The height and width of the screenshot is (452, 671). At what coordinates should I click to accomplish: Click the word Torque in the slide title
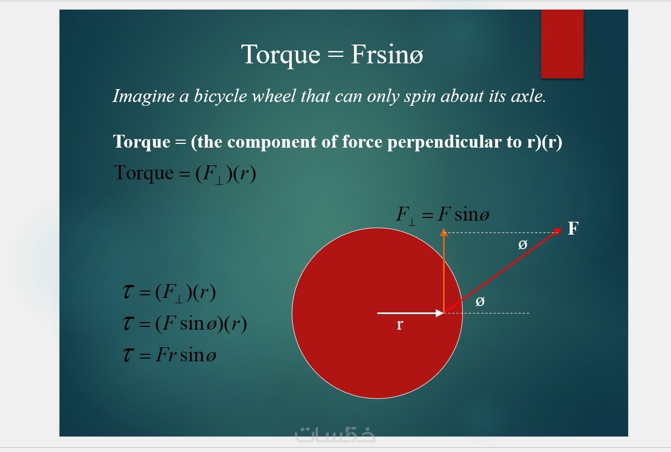281,55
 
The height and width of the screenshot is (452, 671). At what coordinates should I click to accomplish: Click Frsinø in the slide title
387,54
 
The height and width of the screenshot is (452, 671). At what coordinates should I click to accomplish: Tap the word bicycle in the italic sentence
220,96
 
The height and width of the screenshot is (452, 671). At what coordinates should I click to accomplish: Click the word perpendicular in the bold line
444,142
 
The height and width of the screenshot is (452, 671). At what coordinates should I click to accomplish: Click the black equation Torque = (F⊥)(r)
185,174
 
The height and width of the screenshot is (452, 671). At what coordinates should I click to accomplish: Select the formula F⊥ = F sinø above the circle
443,215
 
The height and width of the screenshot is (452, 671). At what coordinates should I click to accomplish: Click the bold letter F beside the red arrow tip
573,228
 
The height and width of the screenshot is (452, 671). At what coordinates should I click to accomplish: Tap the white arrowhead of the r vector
440,313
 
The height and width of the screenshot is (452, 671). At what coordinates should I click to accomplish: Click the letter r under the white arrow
400,325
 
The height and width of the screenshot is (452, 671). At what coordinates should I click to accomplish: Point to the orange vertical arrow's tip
444,229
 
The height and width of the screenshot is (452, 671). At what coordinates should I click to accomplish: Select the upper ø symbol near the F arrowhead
523,245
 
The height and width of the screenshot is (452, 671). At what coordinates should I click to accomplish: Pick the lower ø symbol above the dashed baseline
480,301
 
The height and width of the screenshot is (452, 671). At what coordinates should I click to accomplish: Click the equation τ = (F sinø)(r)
185,324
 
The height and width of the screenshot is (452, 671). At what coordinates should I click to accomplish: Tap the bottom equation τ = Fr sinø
169,355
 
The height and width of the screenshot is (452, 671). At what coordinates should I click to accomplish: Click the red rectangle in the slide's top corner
562,44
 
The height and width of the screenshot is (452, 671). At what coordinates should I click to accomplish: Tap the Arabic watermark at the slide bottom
335,434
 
